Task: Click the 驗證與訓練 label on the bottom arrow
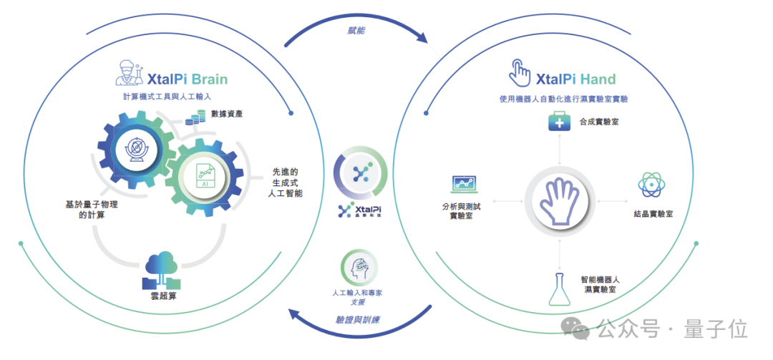coord(356,318)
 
